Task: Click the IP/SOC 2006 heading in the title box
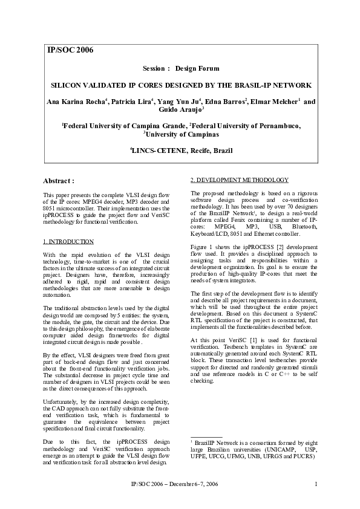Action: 70,50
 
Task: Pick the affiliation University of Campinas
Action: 181,134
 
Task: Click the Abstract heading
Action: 59,180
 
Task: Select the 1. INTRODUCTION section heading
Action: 68,241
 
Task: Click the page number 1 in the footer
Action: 316,484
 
